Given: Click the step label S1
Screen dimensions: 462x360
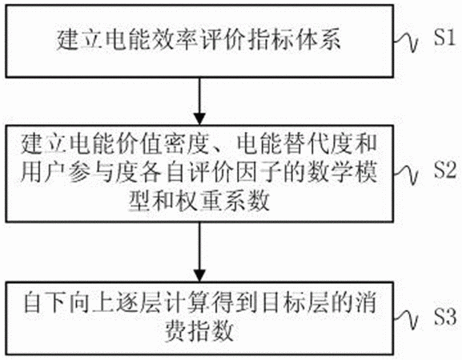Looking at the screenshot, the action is tap(444, 38).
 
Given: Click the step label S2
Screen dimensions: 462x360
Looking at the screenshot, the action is tap(445, 170).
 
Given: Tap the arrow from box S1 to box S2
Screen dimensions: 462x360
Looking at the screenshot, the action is tap(199, 102).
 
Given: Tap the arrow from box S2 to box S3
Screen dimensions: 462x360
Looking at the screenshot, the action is tap(199, 252).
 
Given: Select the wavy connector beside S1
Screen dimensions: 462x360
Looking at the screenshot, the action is tap(407, 42).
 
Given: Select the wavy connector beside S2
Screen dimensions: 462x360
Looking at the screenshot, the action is tap(407, 174).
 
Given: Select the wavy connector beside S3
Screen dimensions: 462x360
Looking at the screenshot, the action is tap(407, 319).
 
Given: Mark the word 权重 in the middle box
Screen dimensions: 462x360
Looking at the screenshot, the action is tap(199, 201).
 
